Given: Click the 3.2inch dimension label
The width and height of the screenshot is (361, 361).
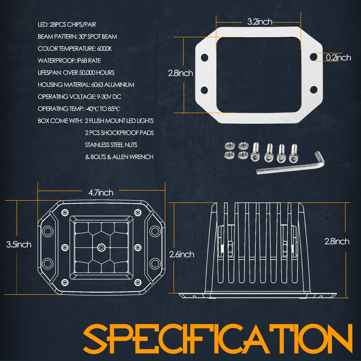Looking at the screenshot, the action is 260,22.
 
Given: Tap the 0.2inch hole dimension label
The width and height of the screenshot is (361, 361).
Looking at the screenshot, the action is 338,57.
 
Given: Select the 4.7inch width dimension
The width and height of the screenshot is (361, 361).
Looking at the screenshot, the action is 101,193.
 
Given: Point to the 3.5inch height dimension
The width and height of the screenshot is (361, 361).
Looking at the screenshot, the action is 19,245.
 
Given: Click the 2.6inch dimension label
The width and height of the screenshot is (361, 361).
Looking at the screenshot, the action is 181,255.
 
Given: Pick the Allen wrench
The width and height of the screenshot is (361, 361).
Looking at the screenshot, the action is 290,163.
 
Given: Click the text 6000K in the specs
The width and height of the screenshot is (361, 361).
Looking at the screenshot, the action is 104,49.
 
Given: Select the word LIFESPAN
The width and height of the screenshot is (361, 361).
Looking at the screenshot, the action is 50,73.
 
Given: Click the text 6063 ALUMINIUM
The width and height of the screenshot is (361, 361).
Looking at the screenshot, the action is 113,85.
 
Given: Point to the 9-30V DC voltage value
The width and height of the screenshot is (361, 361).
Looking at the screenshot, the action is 109,97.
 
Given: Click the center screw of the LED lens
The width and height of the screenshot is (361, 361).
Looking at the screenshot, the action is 101,248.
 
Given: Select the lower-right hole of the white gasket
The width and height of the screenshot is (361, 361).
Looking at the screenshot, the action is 313,90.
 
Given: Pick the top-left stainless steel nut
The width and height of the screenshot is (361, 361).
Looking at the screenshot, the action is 228,145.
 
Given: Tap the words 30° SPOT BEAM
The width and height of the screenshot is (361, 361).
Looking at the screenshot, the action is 98,37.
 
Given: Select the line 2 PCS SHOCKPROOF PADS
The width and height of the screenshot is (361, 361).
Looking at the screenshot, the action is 119,133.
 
